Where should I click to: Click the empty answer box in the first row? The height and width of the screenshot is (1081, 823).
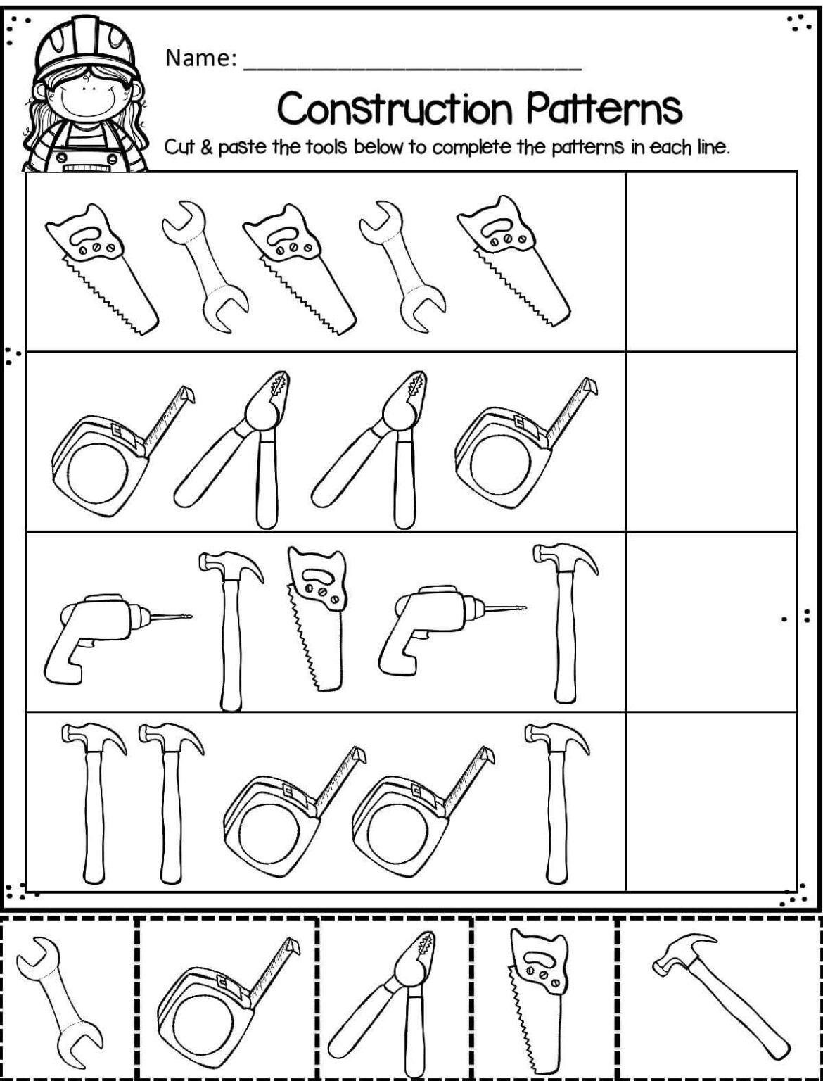pos(711,262)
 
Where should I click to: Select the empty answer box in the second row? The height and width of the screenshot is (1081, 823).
pos(711,442)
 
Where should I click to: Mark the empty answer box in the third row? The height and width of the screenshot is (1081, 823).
pos(711,622)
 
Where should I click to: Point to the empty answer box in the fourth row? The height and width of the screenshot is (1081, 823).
pos(711,802)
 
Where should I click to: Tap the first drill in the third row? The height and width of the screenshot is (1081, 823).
pos(117,638)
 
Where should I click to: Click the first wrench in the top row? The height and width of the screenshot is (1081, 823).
pos(204,267)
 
